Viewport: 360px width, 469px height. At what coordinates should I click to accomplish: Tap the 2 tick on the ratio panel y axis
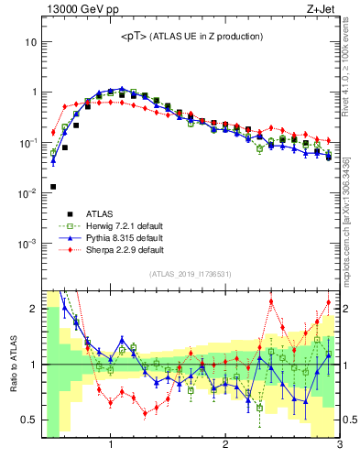[x=33, y=309]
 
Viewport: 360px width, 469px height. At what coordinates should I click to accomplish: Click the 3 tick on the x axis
[x=339, y=447]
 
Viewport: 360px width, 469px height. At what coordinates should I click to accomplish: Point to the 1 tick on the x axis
[x=111, y=447]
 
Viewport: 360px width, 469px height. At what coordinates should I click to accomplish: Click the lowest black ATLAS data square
[x=53, y=187]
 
